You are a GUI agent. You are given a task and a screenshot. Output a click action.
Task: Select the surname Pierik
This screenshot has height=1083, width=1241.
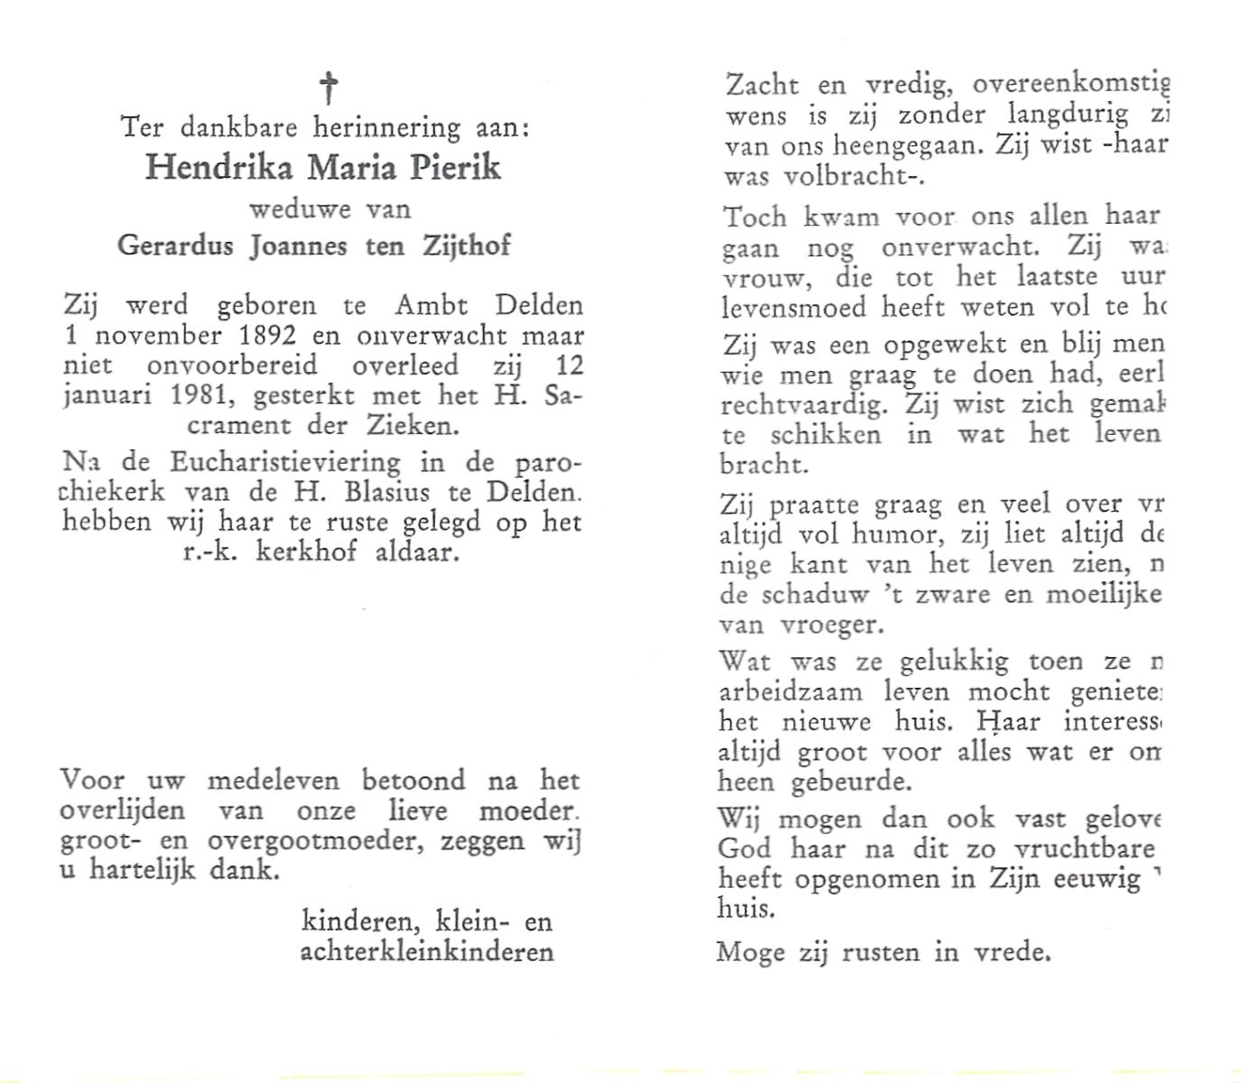click(457, 168)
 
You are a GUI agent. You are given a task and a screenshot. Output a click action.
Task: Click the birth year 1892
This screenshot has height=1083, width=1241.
click(264, 336)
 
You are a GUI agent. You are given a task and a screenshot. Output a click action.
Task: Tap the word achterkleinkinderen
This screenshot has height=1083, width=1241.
click(426, 951)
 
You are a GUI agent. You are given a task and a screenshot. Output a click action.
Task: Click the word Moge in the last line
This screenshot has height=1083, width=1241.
click(750, 953)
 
